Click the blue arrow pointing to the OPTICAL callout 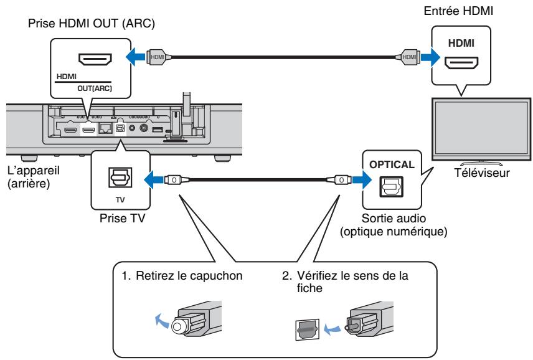354,180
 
